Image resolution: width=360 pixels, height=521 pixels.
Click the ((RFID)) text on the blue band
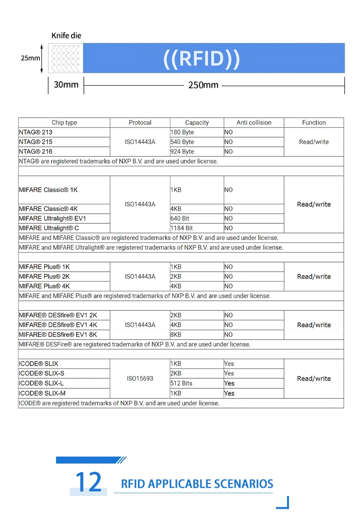201,59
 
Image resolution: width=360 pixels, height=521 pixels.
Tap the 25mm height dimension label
31,58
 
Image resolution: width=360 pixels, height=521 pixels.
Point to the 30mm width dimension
66,85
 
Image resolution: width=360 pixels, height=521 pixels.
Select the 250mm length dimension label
203,85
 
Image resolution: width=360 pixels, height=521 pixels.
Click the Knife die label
66,36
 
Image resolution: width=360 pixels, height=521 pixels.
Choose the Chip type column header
64,123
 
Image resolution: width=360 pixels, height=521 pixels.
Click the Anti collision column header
254,123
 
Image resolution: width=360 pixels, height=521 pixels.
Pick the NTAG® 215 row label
36,142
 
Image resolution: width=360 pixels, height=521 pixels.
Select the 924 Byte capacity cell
182,151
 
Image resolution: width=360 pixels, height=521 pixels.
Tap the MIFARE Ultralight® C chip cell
49,228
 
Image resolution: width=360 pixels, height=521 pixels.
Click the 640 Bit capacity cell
180,218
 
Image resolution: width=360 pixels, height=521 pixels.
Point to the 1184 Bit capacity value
182,228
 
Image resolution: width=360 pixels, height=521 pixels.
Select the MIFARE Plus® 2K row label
44,276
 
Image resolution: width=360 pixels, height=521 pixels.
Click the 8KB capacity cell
176,335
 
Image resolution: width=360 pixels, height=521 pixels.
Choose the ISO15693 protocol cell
140,378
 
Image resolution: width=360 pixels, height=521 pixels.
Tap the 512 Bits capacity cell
181,383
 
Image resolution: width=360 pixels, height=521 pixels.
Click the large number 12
88,482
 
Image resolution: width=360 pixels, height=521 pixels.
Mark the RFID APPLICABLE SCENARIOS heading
197,484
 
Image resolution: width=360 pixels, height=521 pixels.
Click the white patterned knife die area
66,58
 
